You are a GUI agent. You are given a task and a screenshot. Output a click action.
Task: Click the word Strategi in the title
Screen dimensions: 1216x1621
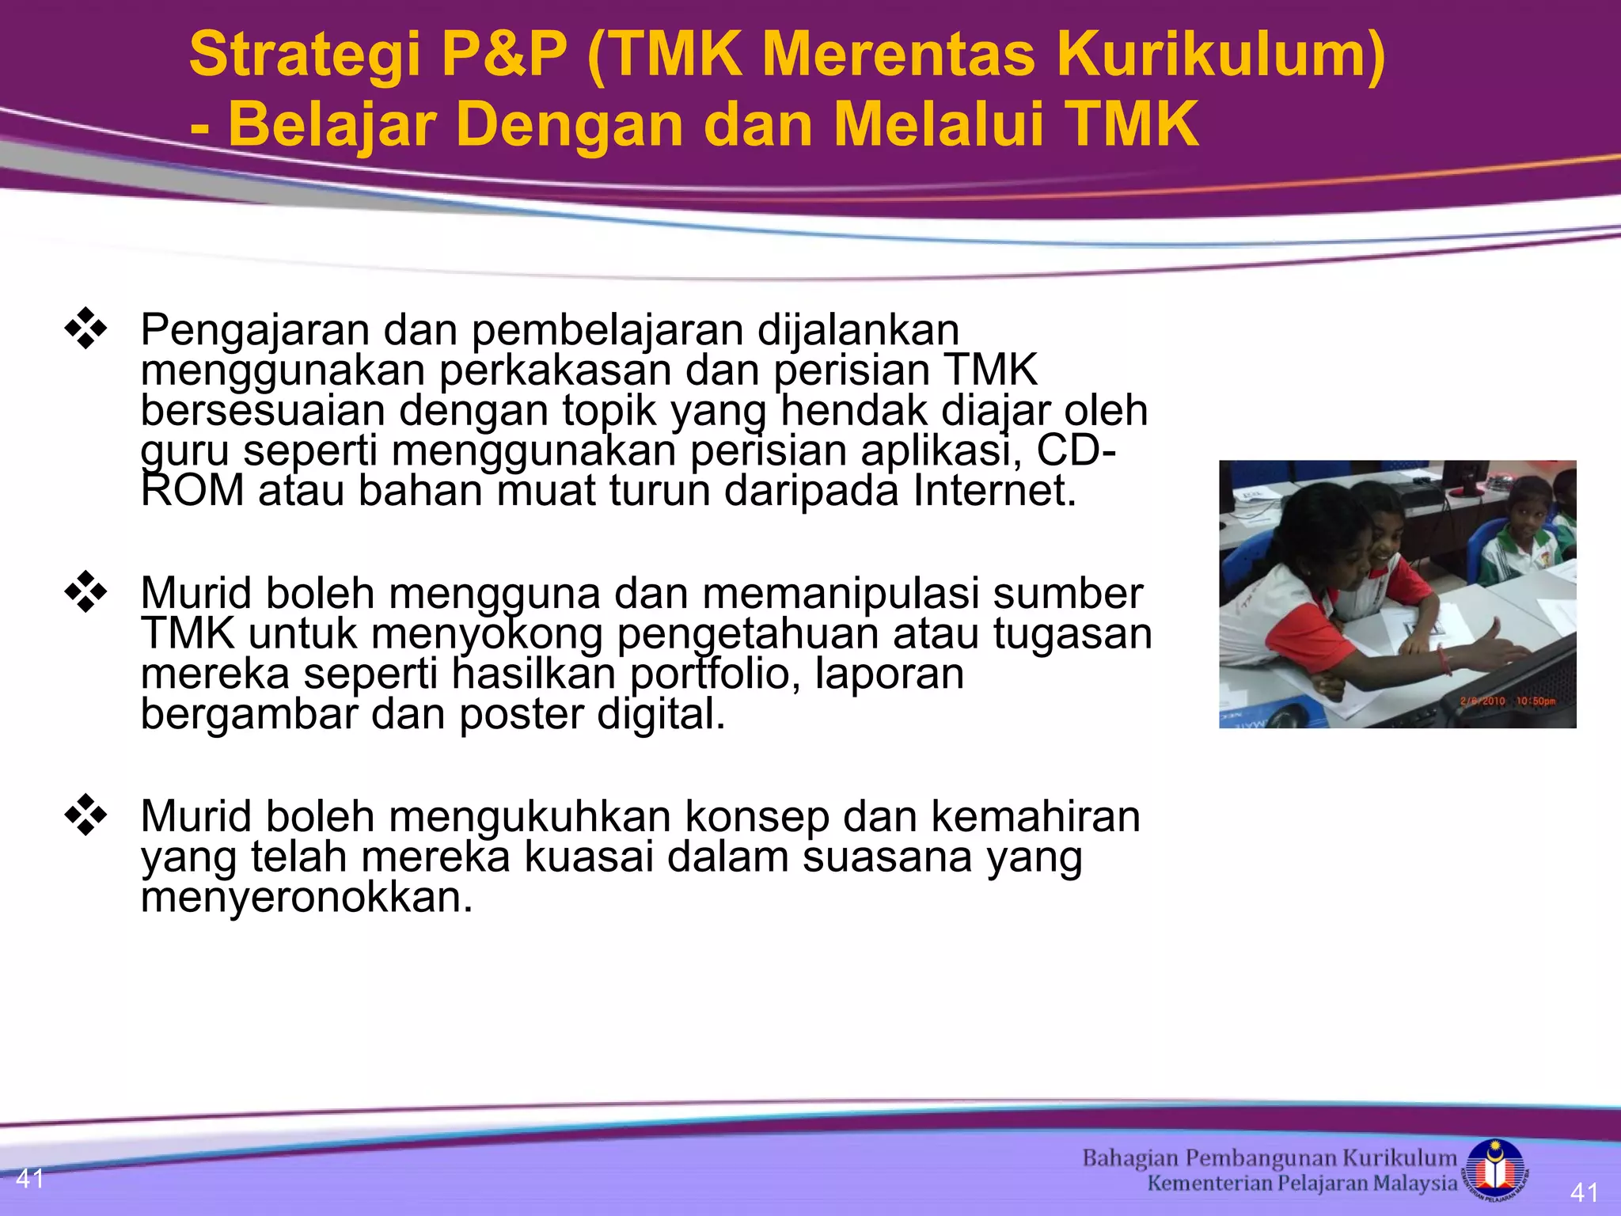[x=305, y=55]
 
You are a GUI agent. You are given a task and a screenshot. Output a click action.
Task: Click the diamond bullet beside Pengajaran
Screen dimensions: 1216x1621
[x=85, y=329]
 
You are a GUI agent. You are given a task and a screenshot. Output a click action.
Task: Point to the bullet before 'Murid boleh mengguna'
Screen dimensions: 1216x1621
[x=85, y=592]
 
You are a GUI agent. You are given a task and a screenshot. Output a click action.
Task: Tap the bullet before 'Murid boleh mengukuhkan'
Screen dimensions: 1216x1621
[x=85, y=815]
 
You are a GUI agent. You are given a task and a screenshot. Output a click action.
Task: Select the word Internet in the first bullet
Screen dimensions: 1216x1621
[x=994, y=491]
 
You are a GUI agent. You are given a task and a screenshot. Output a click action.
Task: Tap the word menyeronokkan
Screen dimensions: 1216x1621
[x=306, y=898]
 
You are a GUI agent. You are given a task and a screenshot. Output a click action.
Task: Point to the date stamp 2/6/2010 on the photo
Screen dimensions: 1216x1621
[x=1482, y=701]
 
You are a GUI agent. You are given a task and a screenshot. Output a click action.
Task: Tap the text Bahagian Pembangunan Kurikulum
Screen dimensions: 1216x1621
[x=1269, y=1158]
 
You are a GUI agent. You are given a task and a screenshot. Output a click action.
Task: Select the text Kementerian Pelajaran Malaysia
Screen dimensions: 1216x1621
[x=1302, y=1184]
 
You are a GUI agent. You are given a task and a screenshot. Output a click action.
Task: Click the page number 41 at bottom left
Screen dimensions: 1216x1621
[x=30, y=1179]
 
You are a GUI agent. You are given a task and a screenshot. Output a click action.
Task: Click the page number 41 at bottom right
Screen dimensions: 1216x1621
[x=1584, y=1192]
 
